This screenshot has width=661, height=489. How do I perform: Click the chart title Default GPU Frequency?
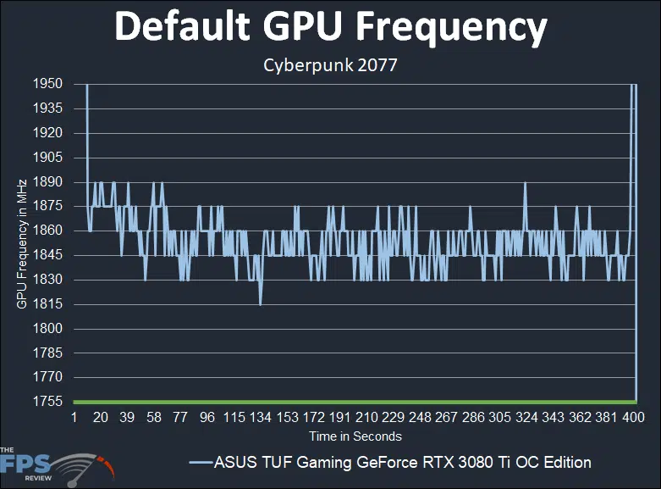click(x=331, y=27)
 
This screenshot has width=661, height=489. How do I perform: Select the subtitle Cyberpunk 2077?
click(x=331, y=64)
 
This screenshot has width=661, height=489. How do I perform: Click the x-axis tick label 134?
click(x=260, y=419)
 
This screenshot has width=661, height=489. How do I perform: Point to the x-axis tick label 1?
click(x=74, y=419)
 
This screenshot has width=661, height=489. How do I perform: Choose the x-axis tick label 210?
click(x=366, y=419)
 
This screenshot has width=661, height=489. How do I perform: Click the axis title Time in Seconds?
click(x=355, y=436)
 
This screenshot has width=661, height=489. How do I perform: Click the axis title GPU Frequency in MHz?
click(x=21, y=243)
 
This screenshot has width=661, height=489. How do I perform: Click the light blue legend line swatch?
click(x=201, y=463)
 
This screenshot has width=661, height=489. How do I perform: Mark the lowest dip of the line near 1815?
click(x=260, y=304)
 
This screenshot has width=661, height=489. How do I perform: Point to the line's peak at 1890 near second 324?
click(x=526, y=182)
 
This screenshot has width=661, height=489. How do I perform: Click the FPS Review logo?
click(x=56, y=464)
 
